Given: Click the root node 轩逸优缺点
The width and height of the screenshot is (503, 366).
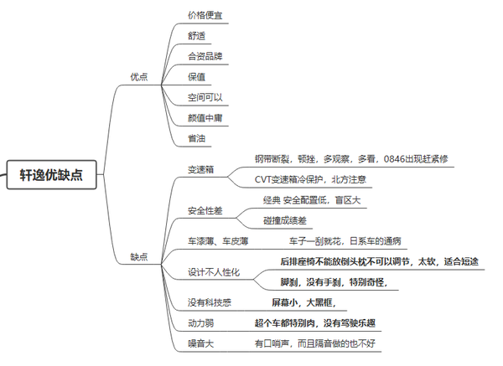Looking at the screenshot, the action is click(52, 175).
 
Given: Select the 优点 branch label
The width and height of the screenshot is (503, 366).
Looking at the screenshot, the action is click(139, 77).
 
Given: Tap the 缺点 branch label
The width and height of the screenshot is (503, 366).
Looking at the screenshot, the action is click(139, 257).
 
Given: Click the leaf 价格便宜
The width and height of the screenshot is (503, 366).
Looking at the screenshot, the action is click(205, 15).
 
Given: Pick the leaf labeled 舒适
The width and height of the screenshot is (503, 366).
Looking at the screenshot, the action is click(196, 36).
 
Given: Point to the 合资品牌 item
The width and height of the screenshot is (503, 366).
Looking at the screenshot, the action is click(205, 56).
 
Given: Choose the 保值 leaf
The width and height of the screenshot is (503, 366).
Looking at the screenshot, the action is click(196, 77).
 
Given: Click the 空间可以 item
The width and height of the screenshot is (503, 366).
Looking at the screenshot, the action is click(205, 97).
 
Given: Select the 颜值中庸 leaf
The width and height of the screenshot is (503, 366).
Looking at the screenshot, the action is click(205, 118).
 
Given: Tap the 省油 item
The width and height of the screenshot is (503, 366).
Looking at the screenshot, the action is click(196, 138).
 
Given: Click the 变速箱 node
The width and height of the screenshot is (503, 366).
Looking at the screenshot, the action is click(201, 169).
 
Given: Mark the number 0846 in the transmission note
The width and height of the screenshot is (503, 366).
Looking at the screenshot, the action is click(394, 159).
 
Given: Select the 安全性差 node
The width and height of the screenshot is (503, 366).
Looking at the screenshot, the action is click(205, 210).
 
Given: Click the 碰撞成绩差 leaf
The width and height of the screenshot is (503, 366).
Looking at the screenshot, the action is click(285, 220).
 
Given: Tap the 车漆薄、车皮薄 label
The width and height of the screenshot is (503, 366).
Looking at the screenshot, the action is click(218, 241).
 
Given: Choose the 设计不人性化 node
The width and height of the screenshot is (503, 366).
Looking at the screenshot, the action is click(214, 272).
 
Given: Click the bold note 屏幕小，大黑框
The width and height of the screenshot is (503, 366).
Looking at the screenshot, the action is click(303, 302).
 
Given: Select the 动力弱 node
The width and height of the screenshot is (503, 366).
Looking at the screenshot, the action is click(201, 323).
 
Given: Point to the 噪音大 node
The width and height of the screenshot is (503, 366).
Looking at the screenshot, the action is click(201, 344).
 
